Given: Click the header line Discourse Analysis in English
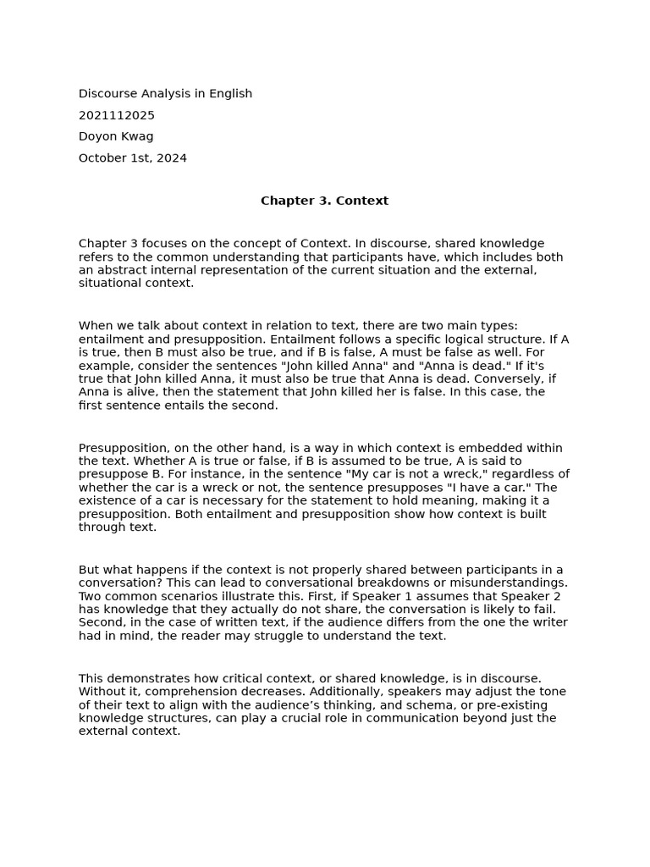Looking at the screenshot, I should click(x=165, y=94).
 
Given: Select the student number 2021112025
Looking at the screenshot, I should click(x=117, y=115).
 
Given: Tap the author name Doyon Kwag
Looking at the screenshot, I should click(x=116, y=136).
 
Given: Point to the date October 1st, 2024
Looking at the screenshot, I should click(x=133, y=158).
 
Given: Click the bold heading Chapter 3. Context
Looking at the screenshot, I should click(x=324, y=201).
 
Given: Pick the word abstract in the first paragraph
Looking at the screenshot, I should click(x=118, y=270).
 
